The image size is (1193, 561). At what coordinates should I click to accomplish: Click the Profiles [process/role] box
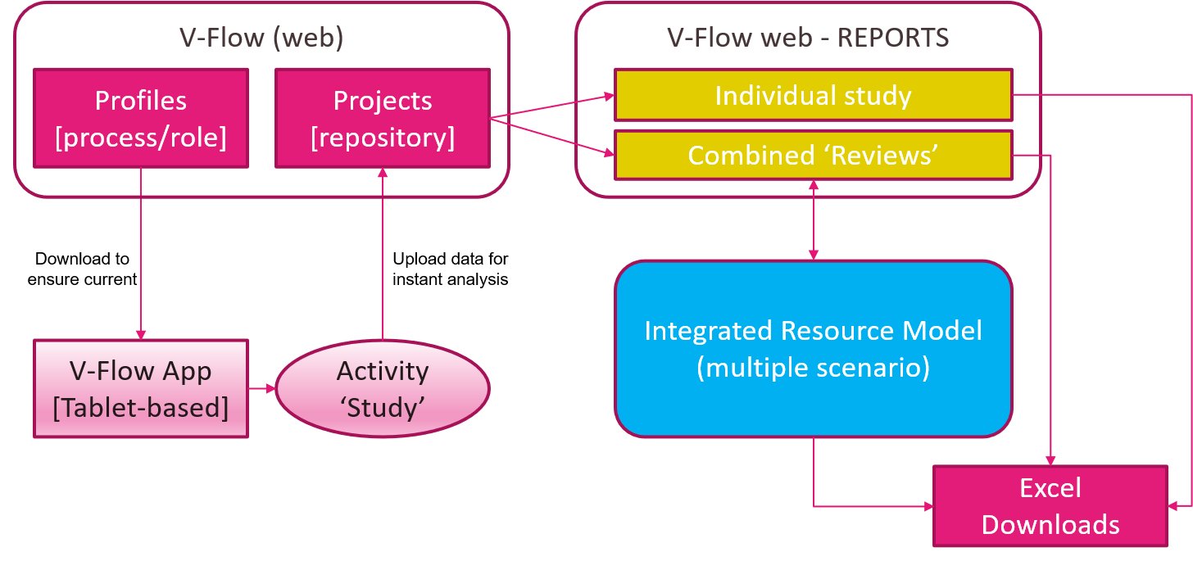pos(140,118)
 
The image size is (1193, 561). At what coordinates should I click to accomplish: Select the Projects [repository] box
pos(382,118)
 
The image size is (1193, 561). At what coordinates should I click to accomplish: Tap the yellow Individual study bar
pos(813,95)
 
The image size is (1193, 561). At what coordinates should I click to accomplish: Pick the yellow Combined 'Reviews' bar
pos(813,155)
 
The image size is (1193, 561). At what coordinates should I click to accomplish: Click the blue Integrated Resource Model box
pos(813,349)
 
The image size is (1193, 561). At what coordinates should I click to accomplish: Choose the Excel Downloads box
pos(1050,506)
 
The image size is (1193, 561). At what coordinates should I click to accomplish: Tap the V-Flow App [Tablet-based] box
pos(140,388)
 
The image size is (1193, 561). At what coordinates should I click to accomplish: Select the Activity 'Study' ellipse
pos(382,388)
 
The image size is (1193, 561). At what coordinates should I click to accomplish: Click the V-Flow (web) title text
pos(261,38)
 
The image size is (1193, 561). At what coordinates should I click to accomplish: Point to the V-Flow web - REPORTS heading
pos(808,38)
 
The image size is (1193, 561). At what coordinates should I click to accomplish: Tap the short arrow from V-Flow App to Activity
pos(261,388)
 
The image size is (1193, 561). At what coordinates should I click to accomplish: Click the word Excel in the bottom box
pos(1050,488)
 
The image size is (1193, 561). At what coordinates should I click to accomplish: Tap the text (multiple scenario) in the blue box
pos(813,368)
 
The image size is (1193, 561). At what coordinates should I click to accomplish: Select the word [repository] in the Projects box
pos(382,138)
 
